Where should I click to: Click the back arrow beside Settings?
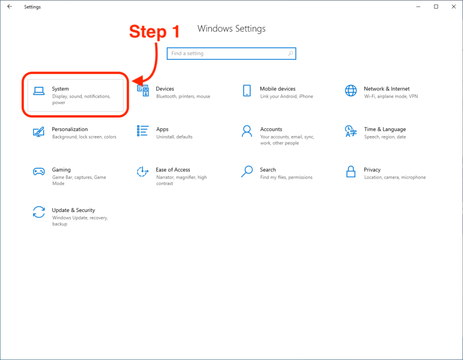(x=10, y=6)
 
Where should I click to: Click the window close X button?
(x=454, y=6)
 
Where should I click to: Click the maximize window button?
(x=436, y=6)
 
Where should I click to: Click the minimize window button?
(x=418, y=7)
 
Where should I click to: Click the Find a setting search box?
(x=231, y=53)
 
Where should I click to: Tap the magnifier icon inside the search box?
(x=291, y=53)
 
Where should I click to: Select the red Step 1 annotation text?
(x=155, y=32)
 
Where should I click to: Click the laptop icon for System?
(x=39, y=91)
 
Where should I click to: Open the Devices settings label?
(x=165, y=89)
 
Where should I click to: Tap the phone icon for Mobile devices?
(x=247, y=90)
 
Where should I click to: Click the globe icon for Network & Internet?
(x=351, y=90)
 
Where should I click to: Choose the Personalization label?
(x=70, y=129)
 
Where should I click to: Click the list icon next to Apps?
(x=142, y=131)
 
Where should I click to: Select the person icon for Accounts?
(x=247, y=131)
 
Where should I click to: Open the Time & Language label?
(x=385, y=129)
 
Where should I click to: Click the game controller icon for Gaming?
(x=39, y=171)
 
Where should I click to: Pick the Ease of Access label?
(x=173, y=170)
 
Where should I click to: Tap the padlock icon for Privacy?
(x=351, y=171)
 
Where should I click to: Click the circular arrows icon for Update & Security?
(x=39, y=212)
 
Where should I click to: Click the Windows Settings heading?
(x=231, y=28)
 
